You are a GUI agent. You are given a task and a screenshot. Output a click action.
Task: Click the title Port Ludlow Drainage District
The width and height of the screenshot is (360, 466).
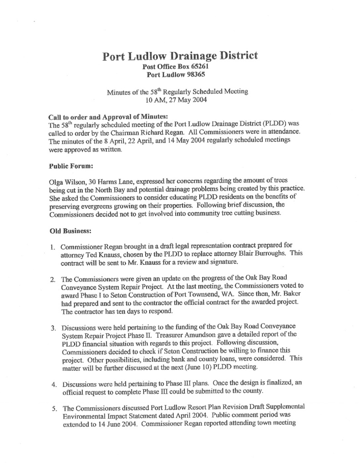click(180, 56)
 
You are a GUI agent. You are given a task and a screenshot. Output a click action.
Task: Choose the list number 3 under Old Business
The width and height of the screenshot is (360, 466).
click(53, 328)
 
